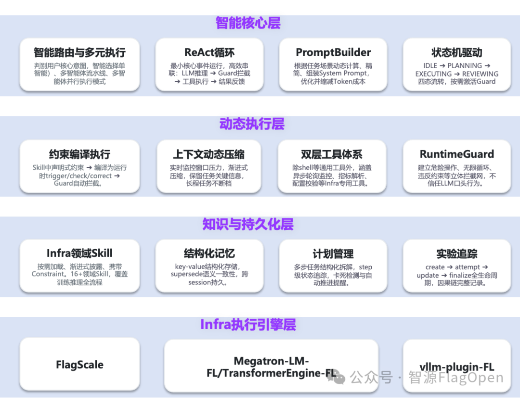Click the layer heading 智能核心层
248,23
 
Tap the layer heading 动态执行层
252,124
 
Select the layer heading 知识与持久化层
248,224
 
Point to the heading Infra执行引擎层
248,324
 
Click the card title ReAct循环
209,52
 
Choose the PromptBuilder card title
333,52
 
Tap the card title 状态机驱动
456,52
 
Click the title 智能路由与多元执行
79,52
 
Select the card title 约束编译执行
79,154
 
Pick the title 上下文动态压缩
209,154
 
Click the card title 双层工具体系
332,154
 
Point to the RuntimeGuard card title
456,154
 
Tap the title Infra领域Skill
79,253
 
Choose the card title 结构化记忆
209,254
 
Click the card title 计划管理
333,254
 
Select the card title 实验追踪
456,254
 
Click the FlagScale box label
79,364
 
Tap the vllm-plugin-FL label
456,367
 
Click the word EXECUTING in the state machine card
433,74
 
